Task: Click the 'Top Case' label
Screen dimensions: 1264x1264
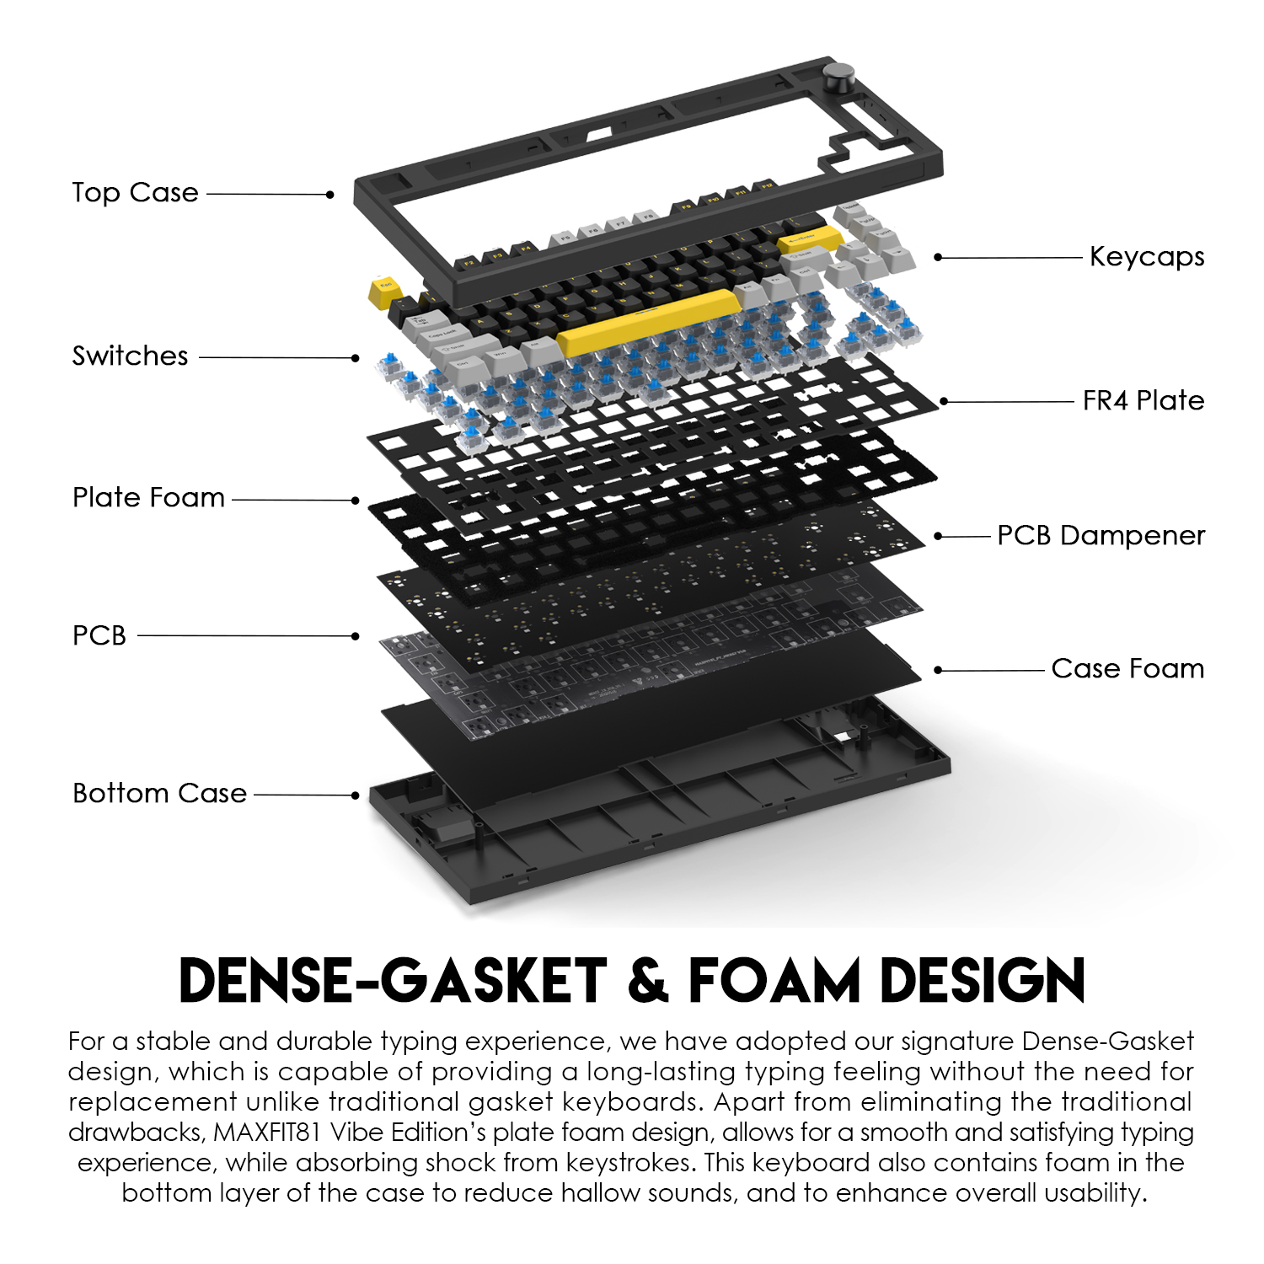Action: (x=135, y=193)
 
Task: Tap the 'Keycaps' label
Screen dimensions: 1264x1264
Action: (x=1147, y=256)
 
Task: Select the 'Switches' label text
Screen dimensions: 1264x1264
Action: (x=130, y=356)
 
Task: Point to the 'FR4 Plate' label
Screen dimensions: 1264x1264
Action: (x=1143, y=400)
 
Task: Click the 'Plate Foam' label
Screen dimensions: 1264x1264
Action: (x=148, y=497)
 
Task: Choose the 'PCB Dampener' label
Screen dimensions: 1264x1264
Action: (x=1101, y=535)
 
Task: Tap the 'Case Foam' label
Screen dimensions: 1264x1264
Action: (x=1127, y=668)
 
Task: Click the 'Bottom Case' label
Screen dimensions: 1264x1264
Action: (x=159, y=793)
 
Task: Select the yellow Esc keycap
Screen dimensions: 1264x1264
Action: (x=384, y=292)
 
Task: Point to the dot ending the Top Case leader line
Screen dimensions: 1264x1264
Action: (x=330, y=195)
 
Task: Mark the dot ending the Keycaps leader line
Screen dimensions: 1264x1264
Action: (x=939, y=257)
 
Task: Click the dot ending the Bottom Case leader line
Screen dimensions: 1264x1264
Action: (x=356, y=795)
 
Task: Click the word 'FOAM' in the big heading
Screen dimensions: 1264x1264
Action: (x=774, y=982)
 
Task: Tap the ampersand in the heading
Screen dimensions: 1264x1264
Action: (x=647, y=982)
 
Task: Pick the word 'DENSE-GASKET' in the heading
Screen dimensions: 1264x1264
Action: (x=393, y=982)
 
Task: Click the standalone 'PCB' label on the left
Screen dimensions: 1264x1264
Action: (x=99, y=635)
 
